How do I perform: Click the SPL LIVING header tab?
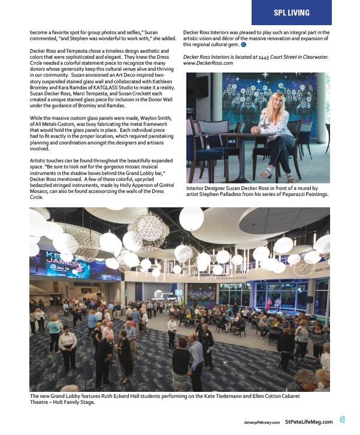point(291,13)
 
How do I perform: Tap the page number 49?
point(341,420)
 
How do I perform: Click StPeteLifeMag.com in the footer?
point(308,421)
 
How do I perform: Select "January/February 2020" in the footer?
point(262,421)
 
